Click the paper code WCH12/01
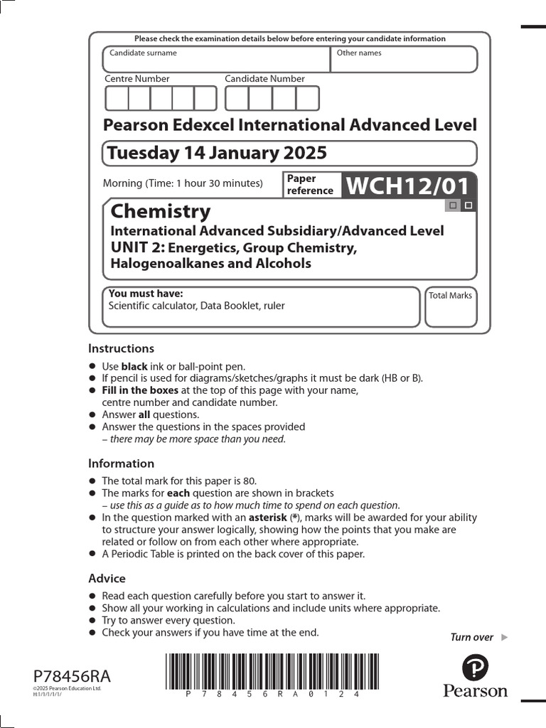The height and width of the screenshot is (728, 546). pos(408,186)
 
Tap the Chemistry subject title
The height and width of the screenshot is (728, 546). pos(161,211)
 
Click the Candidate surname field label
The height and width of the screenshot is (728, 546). pos(143,53)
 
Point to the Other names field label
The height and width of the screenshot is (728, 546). pos(359,53)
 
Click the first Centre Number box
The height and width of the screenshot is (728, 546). pos(117,98)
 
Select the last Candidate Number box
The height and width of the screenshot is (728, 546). pos(308,98)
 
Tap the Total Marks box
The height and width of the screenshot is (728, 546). pos(450,307)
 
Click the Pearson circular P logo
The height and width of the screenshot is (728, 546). pos(475,668)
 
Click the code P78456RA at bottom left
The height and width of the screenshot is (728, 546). pos(72,676)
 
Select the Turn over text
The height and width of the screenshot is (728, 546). pos(472,637)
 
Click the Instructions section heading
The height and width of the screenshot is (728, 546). pos(121,348)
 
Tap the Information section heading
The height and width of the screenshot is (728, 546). pos(121,464)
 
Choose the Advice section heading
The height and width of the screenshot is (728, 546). pos(107,578)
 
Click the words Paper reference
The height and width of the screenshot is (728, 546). pos(310,185)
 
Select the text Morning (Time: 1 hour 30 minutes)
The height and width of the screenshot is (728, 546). pos(183,183)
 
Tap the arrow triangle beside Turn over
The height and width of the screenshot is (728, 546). pos(505,637)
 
